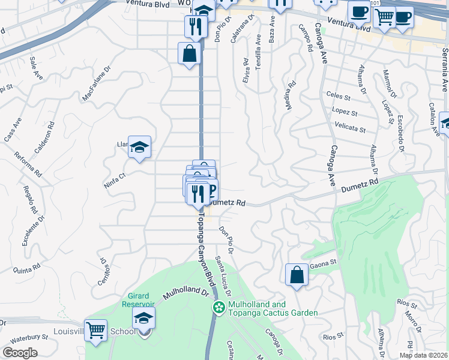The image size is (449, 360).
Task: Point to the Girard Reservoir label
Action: [x=142, y=299]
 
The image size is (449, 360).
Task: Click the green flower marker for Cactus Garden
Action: [x=219, y=308]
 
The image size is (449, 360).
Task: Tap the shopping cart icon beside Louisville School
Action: [x=96, y=330]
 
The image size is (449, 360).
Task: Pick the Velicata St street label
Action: [x=351, y=128]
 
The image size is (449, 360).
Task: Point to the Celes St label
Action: [x=338, y=95]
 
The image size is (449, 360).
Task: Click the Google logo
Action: [x=20, y=352]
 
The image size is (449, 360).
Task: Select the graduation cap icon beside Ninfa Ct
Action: [x=139, y=147]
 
